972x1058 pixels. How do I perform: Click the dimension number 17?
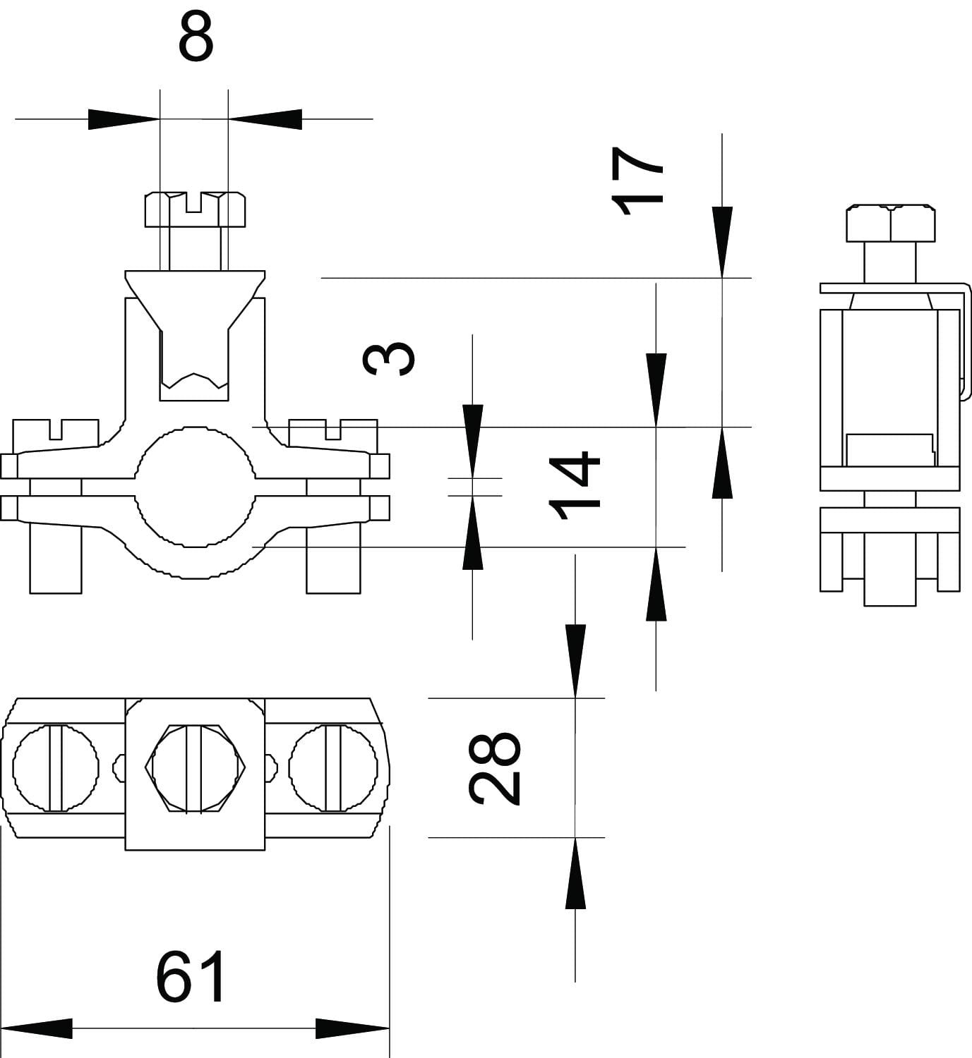(x=638, y=181)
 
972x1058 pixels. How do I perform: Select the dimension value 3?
(x=388, y=359)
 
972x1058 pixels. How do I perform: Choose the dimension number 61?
(x=191, y=976)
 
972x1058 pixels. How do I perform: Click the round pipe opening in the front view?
(x=193, y=486)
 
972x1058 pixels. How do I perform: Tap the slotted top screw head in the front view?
(x=196, y=209)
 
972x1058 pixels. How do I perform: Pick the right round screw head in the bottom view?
(x=333, y=767)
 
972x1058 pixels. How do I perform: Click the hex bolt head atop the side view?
(x=892, y=223)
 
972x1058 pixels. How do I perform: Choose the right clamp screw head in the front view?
(x=333, y=432)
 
